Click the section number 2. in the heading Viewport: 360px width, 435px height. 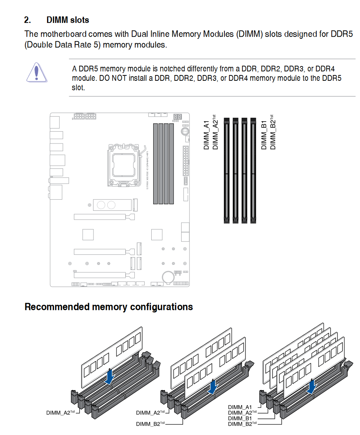pyautogui.click(x=27, y=20)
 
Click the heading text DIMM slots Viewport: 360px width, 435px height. pyautogui.click(x=68, y=20)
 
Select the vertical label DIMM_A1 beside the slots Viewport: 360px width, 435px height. pyautogui.click(x=206, y=135)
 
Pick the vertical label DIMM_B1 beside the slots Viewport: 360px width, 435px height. pyautogui.click(x=264, y=135)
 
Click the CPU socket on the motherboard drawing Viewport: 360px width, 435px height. pyautogui.click(x=124, y=164)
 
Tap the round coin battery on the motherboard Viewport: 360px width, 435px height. pyautogui.click(x=168, y=276)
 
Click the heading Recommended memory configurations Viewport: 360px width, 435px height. pyautogui.click(x=109, y=307)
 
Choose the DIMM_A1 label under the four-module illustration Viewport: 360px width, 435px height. pyautogui.click(x=240, y=407)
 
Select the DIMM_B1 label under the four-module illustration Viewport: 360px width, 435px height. pyautogui.click(x=240, y=418)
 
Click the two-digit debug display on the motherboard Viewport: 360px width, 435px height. pyautogui.click(x=177, y=117)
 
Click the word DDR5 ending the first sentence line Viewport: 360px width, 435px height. pyautogui.click(x=340, y=34)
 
